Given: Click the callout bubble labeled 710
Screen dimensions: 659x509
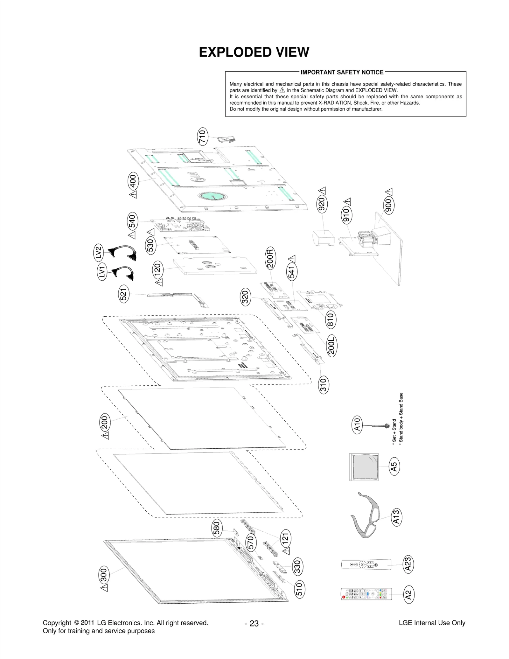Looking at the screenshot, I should pos(202,137).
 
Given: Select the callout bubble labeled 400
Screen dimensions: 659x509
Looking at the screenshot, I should pos(133,181).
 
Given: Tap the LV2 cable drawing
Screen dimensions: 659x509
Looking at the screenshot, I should pos(123,252).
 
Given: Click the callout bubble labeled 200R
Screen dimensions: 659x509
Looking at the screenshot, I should pos(270,258).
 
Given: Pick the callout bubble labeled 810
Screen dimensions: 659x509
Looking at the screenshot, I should pos(331,319).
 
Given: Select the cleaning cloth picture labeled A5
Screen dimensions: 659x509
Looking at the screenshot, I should pos(364,467).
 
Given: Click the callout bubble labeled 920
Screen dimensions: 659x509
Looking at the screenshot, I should pos(322,204).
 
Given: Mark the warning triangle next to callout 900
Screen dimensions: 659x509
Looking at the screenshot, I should pos(389,192).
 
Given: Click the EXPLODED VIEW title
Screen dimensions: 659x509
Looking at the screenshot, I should pos(254,52).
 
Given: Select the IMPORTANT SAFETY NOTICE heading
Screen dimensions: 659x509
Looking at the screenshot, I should pos(342,72).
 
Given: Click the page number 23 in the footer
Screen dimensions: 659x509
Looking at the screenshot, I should pos(254,623).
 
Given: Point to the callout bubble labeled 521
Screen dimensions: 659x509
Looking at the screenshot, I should pos(124,293).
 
